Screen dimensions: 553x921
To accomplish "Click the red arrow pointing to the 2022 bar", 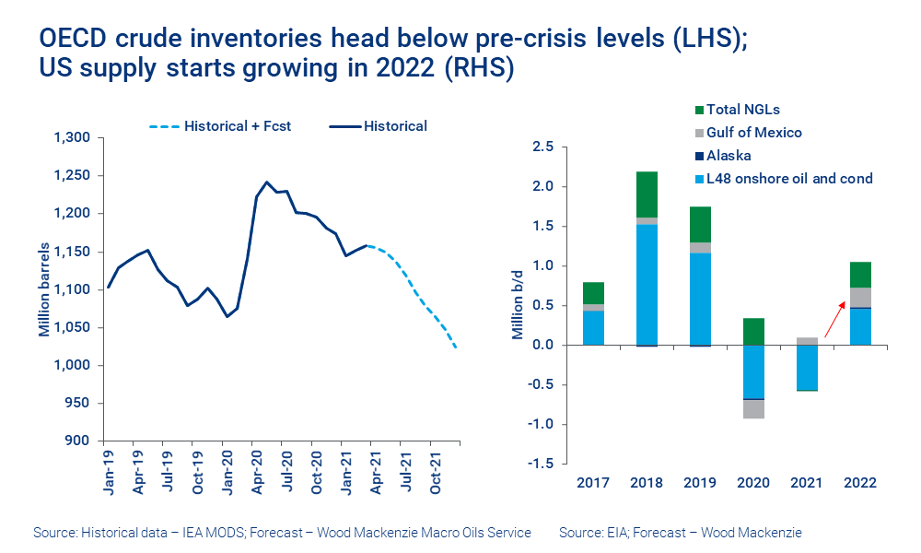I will click(x=836, y=318).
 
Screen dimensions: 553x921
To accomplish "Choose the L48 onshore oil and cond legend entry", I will click(x=782, y=179).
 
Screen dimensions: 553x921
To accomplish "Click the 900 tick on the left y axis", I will click(x=77, y=441).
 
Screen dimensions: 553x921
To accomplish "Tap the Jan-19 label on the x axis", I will click(x=109, y=473).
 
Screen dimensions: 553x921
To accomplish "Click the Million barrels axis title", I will click(x=44, y=289).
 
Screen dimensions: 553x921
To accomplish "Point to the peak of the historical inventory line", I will click(x=267, y=182).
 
